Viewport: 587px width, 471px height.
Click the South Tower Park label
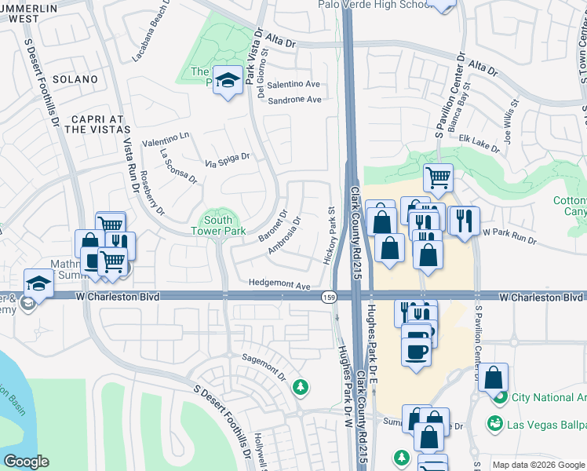212,225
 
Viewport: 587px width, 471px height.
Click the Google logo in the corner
26,462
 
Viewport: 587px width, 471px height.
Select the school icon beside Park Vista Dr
228,80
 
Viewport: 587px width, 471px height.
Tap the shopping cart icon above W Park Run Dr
438,177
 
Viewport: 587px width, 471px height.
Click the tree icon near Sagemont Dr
299,386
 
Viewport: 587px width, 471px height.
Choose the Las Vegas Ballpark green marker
495,424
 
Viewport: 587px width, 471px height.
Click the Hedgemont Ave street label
280,283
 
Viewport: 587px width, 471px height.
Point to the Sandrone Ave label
294,100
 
